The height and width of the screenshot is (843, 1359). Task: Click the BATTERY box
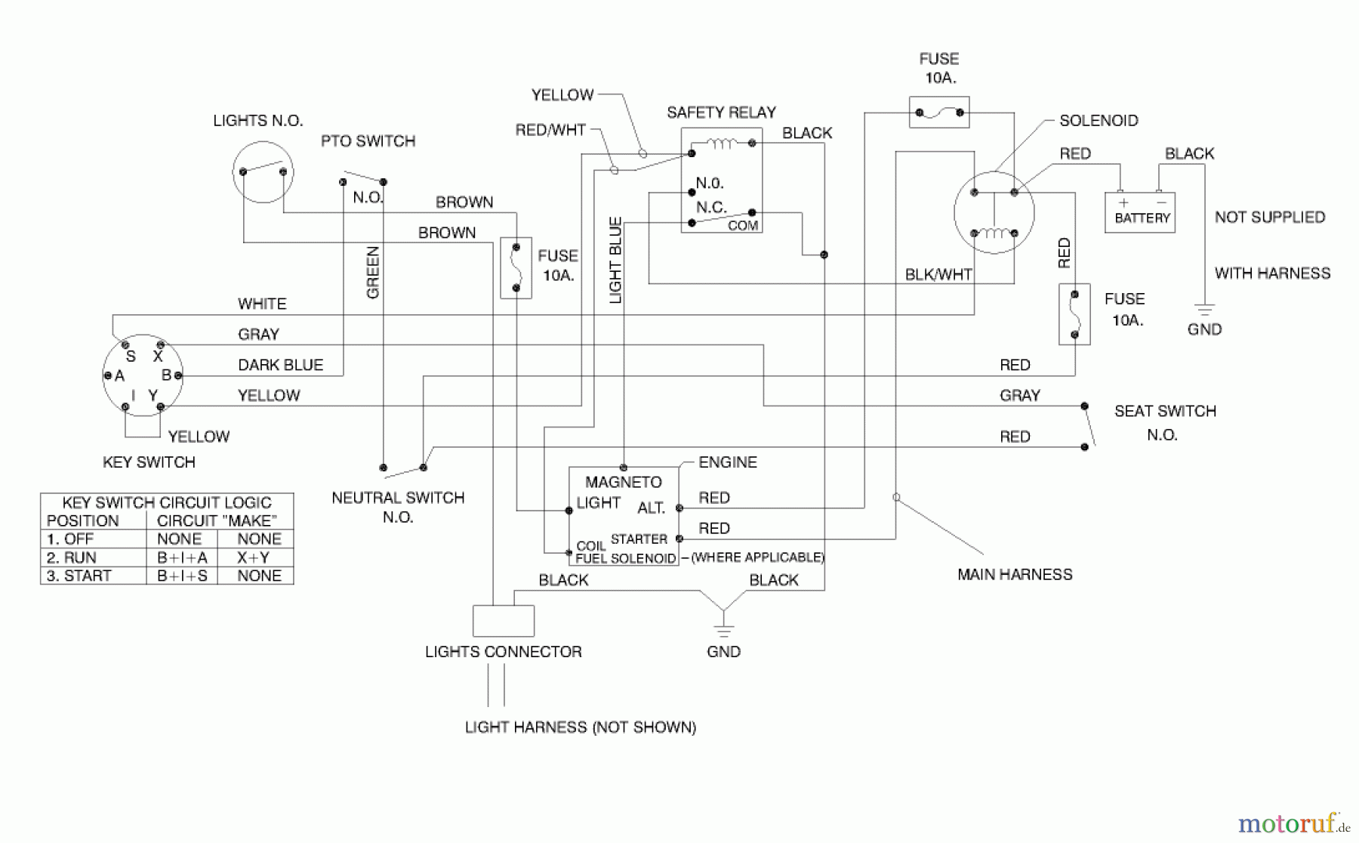pyautogui.click(x=1139, y=213)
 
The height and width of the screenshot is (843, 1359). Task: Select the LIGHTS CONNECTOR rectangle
pyautogui.click(x=504, y=621)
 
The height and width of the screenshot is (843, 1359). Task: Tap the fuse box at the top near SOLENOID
pyautogui.click(x=938, y=113)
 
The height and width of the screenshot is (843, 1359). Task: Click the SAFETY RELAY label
pyautogui.click(x=721, y=113)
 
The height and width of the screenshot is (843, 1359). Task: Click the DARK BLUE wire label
pyautogui.click(x=280, y=365)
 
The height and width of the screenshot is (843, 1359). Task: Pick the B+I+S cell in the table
pyautogui.click(x=181, y=576)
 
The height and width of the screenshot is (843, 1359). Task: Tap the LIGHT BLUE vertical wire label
pyautogui.click(x=615, y=261)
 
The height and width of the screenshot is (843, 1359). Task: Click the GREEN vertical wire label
pyautogui.click(x=372, y=272)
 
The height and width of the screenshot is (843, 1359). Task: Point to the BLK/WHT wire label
pyautogui.click(x=938, y=274)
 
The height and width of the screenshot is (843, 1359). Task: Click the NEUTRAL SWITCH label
pyautogui.click(x=398, y=498)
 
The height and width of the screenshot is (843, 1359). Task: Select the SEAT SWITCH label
pyautogui.click(x=1165, y=411)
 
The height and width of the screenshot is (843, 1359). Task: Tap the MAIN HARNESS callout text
pyautogui.click(x=1015, y=574)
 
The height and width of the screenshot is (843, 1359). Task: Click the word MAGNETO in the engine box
pyautogui.click(x=623, y=482)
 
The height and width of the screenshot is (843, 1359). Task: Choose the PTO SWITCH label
pyautogui.click(x=368, y=141)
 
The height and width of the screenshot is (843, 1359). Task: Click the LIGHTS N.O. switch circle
pyautogui.click(x=263, y=172)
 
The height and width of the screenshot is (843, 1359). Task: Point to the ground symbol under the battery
pyautogui.click(x=1204, y=310)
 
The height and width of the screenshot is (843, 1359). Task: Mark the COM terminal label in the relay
pyautogui.click(x=742, y=226)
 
